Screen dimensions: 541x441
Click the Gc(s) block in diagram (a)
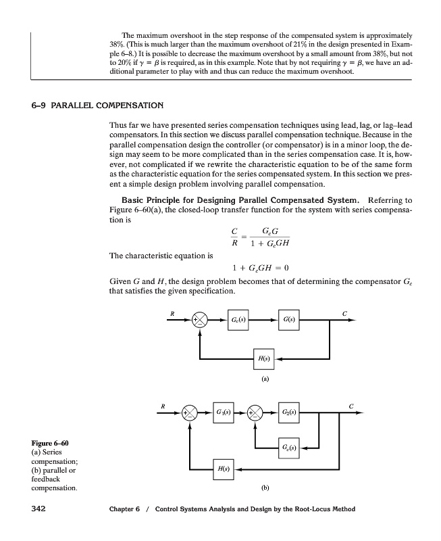click(238, 319)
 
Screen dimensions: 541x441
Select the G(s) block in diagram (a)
click(288, 319)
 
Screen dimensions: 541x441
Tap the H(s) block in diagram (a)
click(263, 359)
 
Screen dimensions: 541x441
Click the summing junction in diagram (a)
click(199, 320)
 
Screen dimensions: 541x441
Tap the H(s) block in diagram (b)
click(224, 467)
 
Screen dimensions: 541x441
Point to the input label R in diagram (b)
click(161, 406)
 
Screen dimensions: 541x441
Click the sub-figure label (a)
click(265, 379)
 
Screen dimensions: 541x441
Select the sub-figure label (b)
click(265, 486)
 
